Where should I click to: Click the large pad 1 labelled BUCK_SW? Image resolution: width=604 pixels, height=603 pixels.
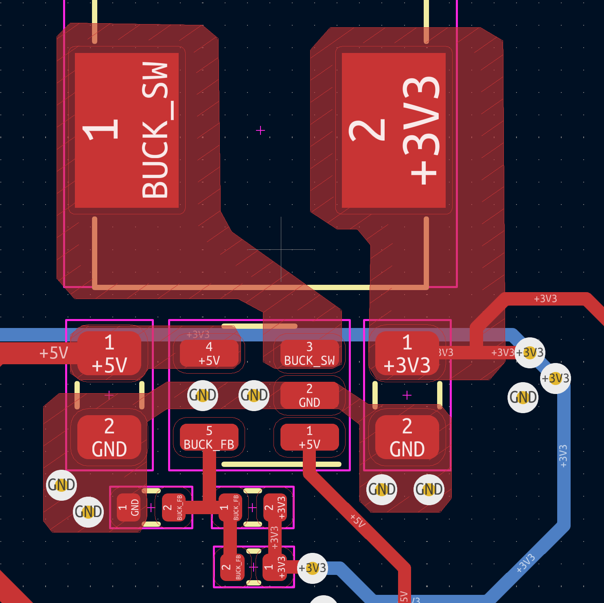(x=127, y=130)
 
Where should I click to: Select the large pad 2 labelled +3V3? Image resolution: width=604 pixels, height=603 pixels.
(x=394, y=130)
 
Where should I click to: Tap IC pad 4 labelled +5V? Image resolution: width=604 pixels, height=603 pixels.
(x=209, y=354)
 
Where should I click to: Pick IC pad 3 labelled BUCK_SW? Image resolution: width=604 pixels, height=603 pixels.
(x=309, y=354)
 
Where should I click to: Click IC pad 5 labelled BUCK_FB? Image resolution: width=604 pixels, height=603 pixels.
(x=209, y=437)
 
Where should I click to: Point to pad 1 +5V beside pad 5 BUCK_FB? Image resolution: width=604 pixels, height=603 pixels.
(x=309, y=437)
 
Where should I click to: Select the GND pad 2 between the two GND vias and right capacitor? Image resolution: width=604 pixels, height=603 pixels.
(x=309, y=396)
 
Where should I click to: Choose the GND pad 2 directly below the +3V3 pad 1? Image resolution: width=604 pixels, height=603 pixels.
(x=407, y=437)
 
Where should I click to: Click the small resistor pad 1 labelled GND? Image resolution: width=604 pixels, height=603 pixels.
(x=129, y=507)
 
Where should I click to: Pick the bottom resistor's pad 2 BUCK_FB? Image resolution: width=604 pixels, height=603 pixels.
(x=232, y=567)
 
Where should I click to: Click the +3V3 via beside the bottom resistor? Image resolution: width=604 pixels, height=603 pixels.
(x=312, y=568)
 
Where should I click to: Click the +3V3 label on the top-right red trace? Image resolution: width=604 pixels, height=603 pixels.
(x=545, y=299)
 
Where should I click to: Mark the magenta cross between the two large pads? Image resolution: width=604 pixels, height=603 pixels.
(x=260, y=130)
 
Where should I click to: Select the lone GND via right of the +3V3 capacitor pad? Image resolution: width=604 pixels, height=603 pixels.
(x=523, y=397)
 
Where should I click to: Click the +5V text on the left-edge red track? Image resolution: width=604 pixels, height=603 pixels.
(x=53, y=353)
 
